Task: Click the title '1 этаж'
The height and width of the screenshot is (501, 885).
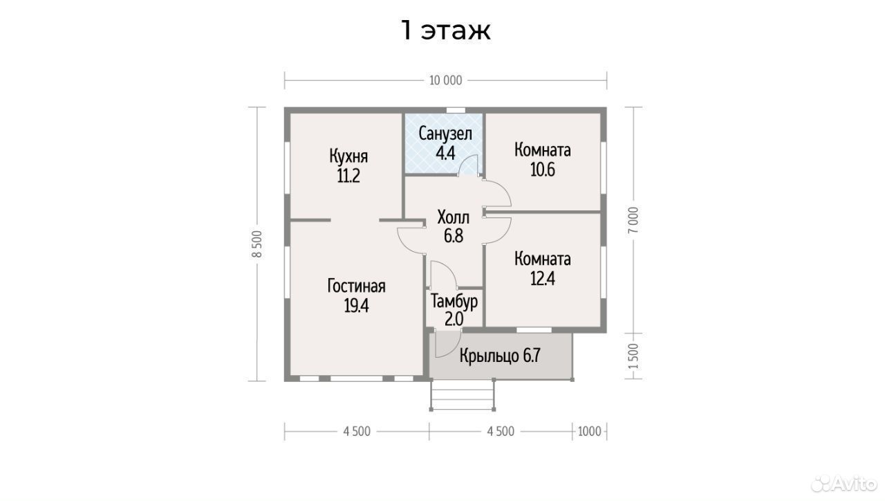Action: point(446,30)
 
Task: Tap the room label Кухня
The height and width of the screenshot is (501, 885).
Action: point(348,156)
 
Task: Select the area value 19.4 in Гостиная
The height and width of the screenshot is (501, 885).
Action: point(356,305)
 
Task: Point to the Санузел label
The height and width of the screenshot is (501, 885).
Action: point(445,134)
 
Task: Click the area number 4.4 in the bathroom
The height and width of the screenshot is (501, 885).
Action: point(445,153)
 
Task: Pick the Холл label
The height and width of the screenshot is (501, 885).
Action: point(453,217)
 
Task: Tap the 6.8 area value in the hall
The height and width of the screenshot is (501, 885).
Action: point(453,236)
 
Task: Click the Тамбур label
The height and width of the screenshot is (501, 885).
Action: point(454,301)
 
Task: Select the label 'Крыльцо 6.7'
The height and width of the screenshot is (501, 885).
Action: point(500,356)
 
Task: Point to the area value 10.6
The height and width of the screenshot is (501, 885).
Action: point(543,170)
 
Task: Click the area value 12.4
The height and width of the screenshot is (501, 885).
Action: point(543,278)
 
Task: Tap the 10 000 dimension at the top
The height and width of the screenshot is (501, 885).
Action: point(446,81)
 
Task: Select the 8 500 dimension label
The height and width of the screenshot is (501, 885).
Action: point(257,244)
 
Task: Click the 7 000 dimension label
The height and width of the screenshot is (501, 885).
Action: point(633,220)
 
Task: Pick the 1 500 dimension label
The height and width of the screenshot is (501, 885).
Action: point(633,356)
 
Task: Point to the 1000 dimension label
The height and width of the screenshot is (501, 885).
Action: point(590,431)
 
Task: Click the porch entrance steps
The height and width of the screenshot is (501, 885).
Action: point(463,394)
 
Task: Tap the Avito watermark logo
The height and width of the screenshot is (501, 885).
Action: point(844,484)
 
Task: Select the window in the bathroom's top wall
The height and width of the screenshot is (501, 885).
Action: point(456,110)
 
